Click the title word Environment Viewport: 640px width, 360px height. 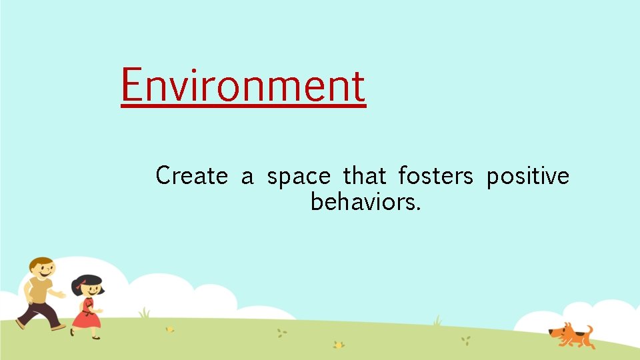pyautogui.click(x=243, y=86)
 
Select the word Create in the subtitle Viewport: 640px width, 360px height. pyautogui.click(x=191, y=176)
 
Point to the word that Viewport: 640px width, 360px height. pyautogui.click(x=364, y=176)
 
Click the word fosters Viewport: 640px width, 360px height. pyautogui.click(x=435, y=176)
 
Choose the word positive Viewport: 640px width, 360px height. pyautogui.click(x=527, y=177)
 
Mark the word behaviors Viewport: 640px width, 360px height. pyautogui.click(x=365, y=201)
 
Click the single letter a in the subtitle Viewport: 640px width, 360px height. pyautogui.click(x=247, y=178)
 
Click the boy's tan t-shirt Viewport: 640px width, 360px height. pyautogui.click(x=39, y=291)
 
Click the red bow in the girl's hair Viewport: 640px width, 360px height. pyautogui.click(x=79, y=286)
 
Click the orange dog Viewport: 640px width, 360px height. pyautogui.click(x=571, y=335)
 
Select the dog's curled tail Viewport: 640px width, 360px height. pyautogui.click(x=589, y=331)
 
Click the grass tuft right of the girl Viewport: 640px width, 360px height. pyautogui.click(x=144, y=313)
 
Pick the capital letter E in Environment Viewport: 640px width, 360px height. pyautogui.click(x=132, y=86)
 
